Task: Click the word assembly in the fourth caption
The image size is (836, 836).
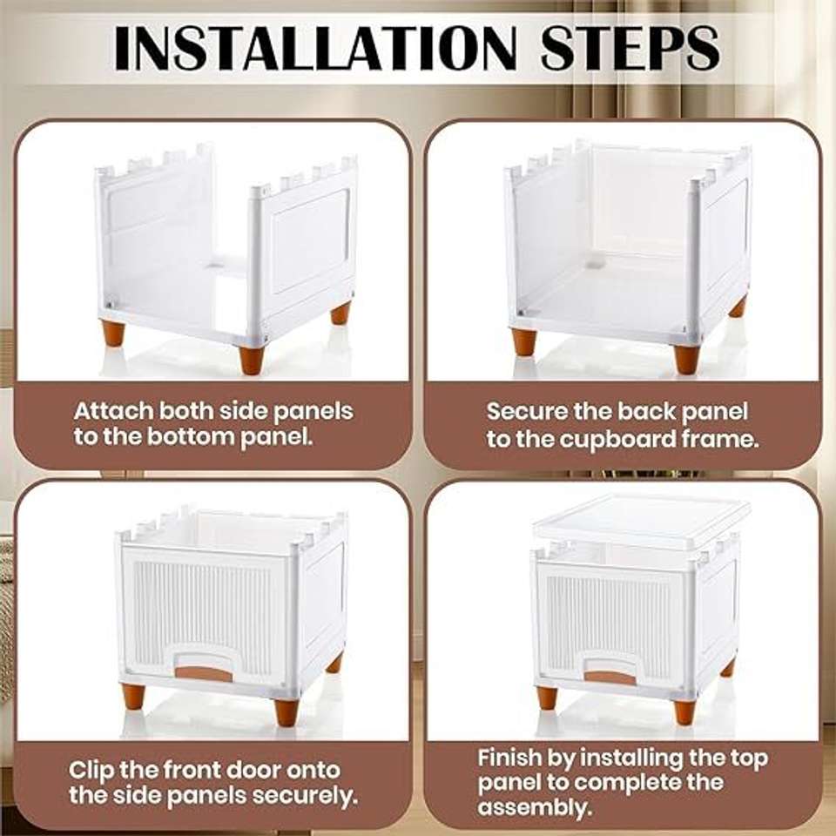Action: tap(535, 808)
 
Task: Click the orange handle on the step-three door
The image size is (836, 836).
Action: tap(204, 674)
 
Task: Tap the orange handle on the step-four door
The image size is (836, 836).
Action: tap(611, 678)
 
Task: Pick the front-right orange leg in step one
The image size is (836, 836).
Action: tap(251, 359)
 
